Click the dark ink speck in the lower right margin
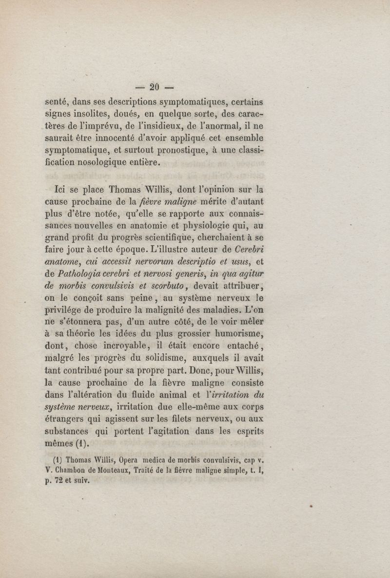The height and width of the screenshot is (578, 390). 311,507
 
